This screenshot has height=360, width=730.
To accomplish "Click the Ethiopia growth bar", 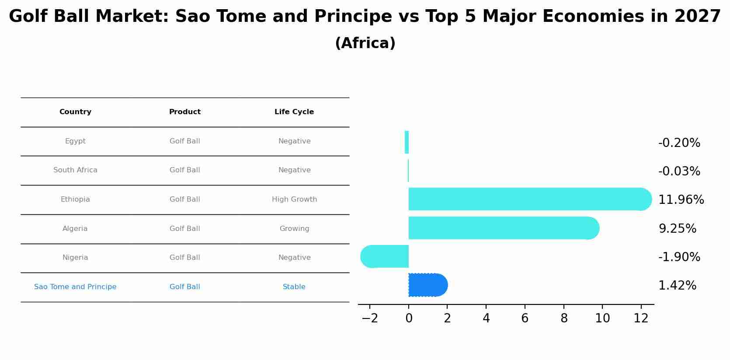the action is point(530,199).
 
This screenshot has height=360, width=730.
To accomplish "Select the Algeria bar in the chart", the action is point(504,228).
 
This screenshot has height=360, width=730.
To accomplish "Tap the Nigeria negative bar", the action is point(385,256).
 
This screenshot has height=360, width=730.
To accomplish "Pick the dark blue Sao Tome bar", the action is point(428,285).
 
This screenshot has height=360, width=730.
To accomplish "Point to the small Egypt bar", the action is point(407,142).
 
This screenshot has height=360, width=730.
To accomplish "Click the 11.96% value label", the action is point(681,199).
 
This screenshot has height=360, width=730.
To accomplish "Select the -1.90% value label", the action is point(679,257).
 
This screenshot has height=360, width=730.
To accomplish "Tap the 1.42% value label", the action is point(677,285).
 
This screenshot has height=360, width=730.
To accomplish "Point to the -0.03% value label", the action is point(679,171).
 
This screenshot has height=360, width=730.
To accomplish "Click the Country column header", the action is point(75,112).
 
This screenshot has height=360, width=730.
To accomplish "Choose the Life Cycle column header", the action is point(294,112).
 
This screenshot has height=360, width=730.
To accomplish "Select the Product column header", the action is point(185,112).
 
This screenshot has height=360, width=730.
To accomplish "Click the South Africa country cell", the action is point(75,170).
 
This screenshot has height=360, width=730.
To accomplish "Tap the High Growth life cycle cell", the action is point(294,199).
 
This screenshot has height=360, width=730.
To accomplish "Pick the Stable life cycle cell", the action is point(294,287).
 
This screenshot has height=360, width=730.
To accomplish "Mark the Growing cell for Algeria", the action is point(294,229).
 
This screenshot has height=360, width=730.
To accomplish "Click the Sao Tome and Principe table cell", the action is point(75,287).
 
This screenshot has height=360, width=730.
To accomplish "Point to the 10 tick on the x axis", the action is point(602,318).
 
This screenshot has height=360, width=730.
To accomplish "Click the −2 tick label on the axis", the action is point(370,318).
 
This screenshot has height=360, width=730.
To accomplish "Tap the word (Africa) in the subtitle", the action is point(365,43).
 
